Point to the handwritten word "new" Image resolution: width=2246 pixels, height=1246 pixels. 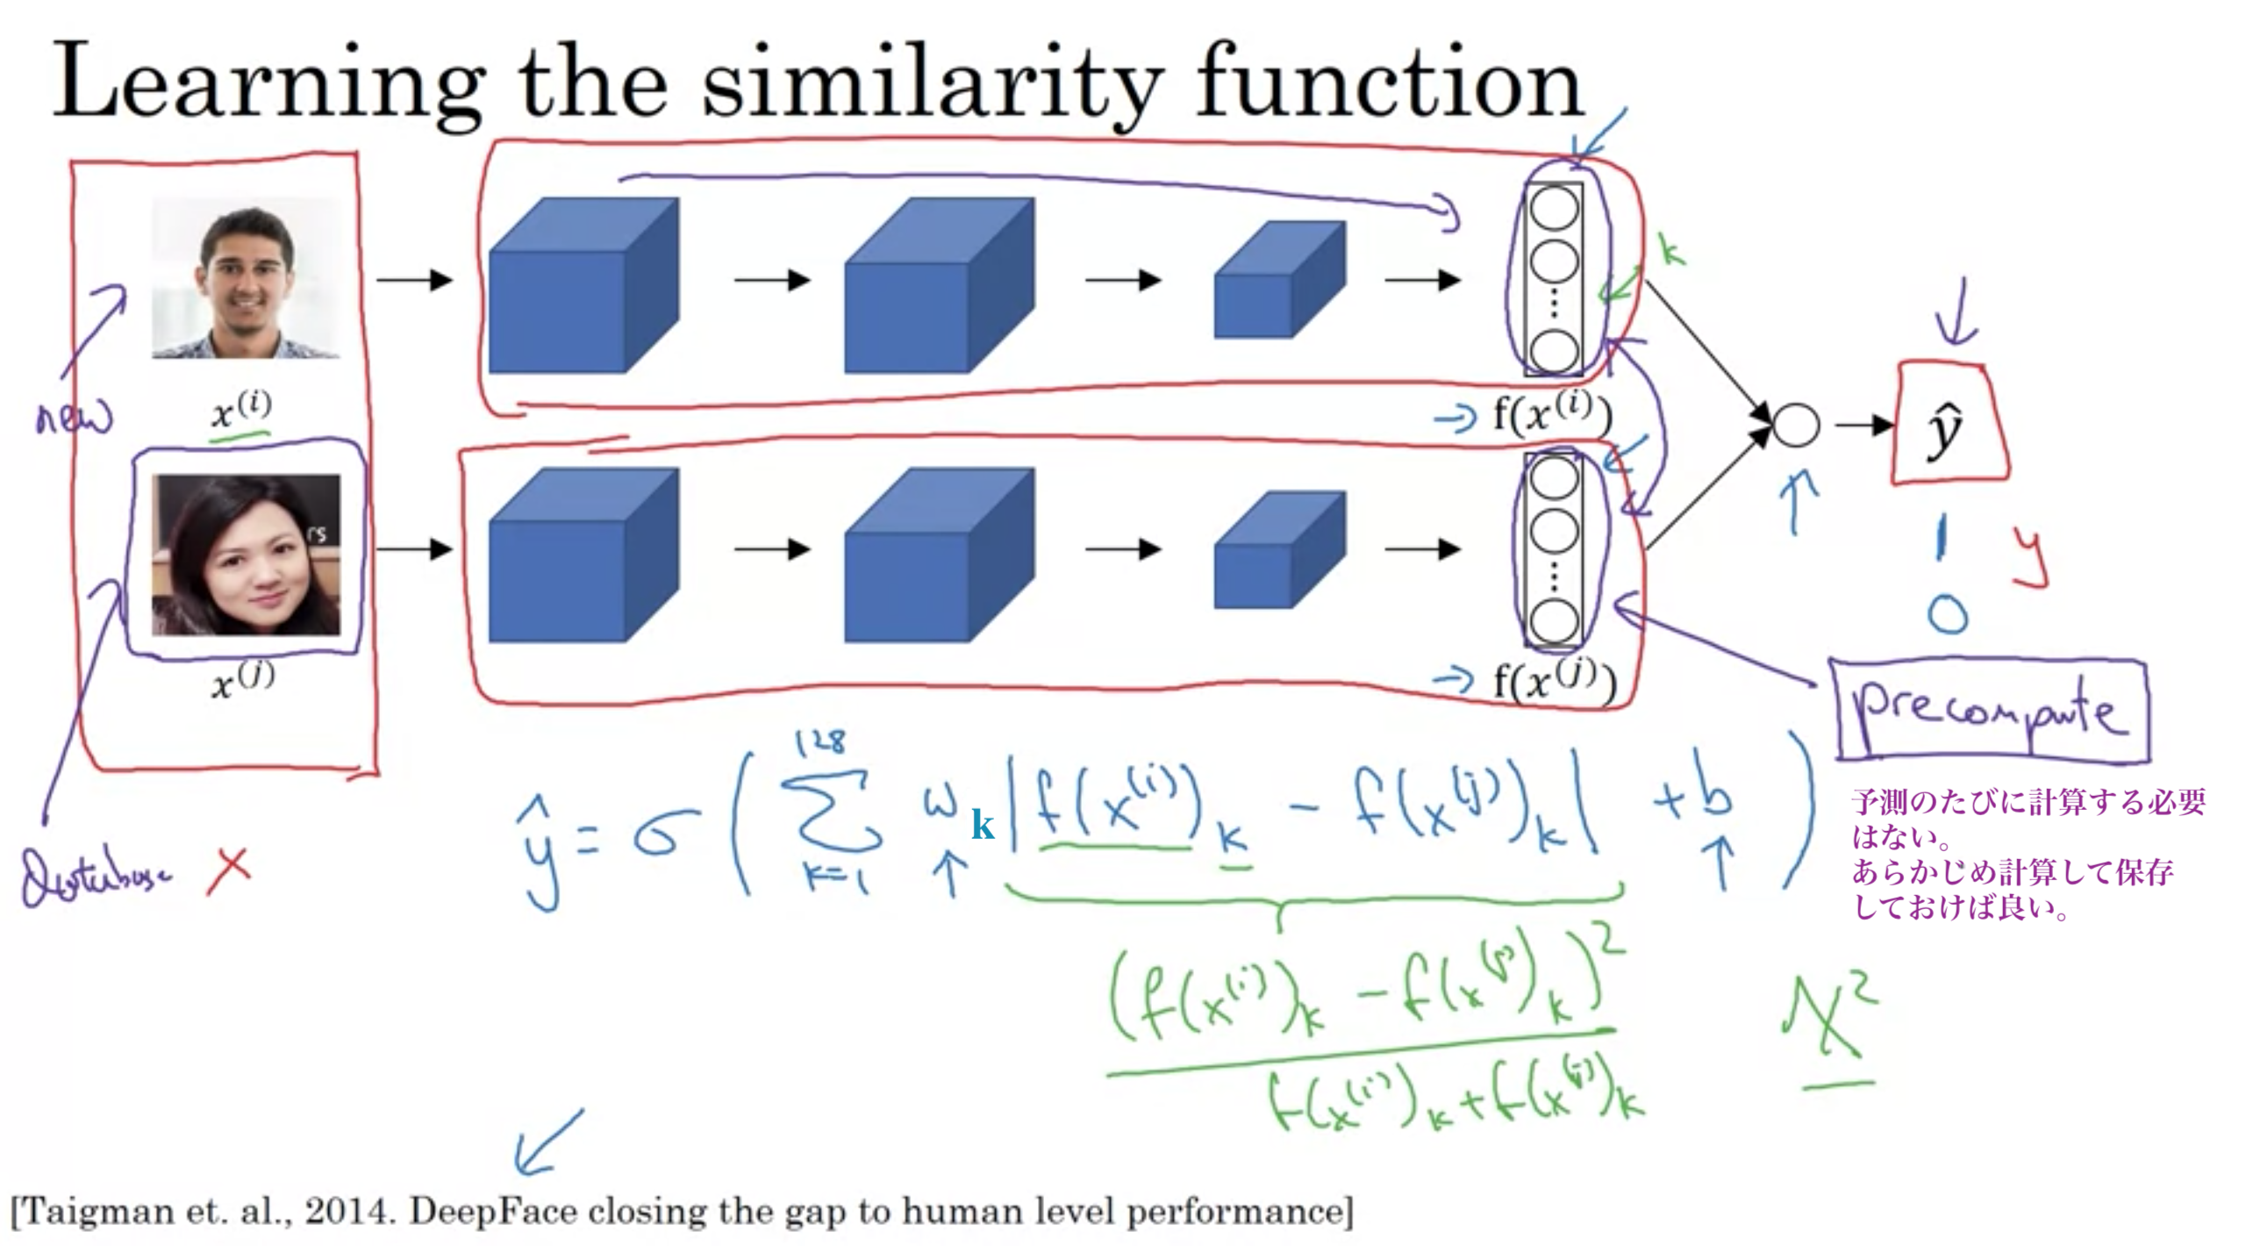[75, 417]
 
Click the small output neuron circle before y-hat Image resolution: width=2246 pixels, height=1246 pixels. [1795, 426]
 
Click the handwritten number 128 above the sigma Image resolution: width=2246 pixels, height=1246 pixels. [820, 742]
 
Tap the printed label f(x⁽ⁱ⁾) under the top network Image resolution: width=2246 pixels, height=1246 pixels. [1552, 414]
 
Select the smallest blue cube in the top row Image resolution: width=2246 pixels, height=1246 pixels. [1278, 281]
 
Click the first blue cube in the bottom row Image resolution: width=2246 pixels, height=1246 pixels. [583, 555]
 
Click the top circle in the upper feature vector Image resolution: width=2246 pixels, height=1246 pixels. [1554, 209]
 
